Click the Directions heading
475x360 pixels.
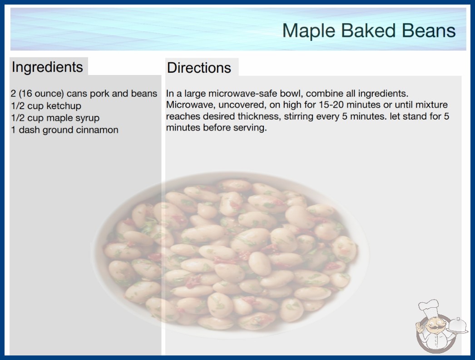tap(199, 68)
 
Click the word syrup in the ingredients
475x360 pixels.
tap(87, 118)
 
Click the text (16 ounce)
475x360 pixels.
tap(41, 94)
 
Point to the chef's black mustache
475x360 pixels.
tap(435, 328)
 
